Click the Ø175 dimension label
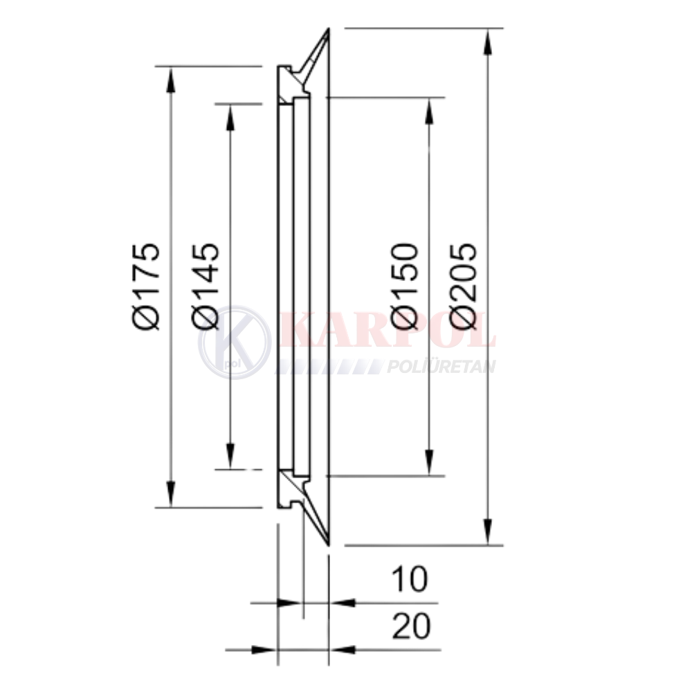(x=145, y=286)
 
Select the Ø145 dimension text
(x=206, y=286)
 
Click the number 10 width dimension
(x=410, y=579)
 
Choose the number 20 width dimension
(x=411, y=626)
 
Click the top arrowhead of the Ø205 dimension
(x=487, y=42)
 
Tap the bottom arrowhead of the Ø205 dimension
(x=487, y=531)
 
